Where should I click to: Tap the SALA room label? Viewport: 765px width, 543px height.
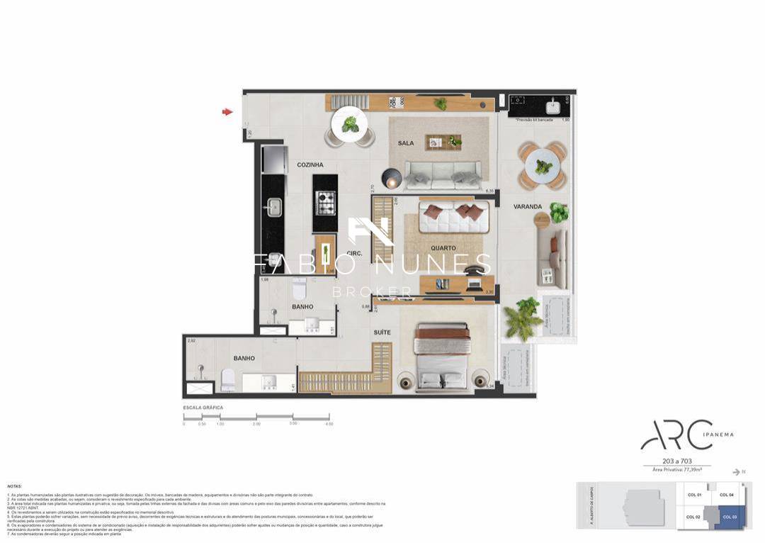coord(406,143)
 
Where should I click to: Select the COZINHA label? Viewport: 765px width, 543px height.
coord(310,165)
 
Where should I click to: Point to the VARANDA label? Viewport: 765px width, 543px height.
coord(528,207)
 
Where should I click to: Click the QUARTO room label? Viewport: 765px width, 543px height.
coord(443,248)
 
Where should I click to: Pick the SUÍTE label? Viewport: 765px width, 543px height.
coord(382,332)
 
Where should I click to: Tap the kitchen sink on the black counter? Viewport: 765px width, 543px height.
coord(273,208)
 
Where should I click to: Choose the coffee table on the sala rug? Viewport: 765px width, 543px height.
coord(443,142)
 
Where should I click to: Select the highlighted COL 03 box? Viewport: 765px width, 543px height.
coord(730,517)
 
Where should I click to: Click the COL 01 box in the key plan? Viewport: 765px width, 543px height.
coord(694,495)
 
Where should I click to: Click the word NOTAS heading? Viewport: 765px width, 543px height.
coord(15,486)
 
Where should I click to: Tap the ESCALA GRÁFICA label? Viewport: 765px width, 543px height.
coord(203,408)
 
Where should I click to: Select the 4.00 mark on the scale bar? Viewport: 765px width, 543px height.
coord(329,424)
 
